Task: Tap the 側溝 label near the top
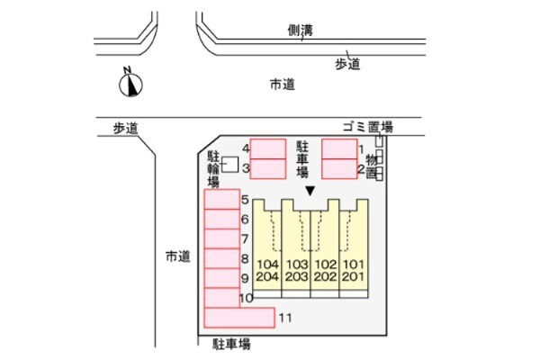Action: point(301,31)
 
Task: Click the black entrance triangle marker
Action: point(310,191)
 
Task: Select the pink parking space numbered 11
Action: point(239,318)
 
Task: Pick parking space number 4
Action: point(268,148)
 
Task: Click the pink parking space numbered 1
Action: point(339,148)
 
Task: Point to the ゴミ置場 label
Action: point(367,127)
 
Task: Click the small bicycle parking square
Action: point(229,165)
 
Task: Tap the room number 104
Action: point(267,265)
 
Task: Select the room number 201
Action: point(353,276)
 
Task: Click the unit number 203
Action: point(297,276)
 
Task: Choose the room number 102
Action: point(326,265)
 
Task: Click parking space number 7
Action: point(221,238)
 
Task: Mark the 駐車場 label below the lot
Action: point(231,344)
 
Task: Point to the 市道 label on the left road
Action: point(177,256)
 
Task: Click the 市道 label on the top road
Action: point(282,85)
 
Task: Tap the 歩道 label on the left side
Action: point(126,129)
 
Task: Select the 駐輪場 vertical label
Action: point(213,169)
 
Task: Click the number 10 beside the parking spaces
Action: point(247,298)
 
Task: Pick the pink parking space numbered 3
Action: point(268,169)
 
